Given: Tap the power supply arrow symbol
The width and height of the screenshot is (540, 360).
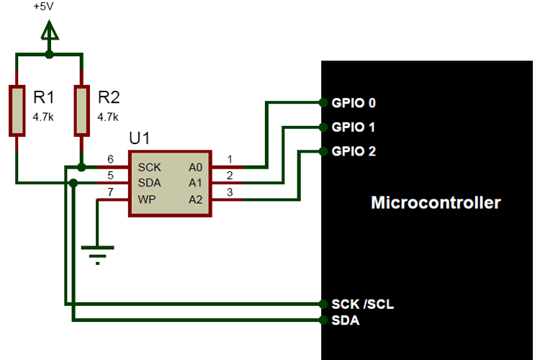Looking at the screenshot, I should click(49, 32).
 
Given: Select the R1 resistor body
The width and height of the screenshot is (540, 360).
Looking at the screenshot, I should click(17, 110).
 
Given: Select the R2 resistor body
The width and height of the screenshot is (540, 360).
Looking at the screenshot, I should click(82, 110).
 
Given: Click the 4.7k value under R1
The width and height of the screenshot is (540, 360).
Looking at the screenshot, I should click(43, 116).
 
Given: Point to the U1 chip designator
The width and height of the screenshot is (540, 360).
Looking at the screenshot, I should click(140, 138).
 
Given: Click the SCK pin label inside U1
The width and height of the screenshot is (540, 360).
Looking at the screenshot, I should click(149, 166).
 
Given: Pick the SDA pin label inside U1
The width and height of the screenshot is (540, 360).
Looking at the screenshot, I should click(149, 183).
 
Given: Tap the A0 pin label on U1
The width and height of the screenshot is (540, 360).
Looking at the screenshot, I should click(196, 166).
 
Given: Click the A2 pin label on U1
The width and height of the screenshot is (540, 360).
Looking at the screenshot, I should click(196, 199).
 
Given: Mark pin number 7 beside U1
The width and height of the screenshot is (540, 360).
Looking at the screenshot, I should click(110, 192).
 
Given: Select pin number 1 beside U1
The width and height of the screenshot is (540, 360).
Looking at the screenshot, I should click(229, 159).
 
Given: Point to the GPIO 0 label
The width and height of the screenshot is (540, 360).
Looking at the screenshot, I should click(354, 103).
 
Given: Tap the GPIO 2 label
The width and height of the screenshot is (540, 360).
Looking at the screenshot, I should click(354, 152).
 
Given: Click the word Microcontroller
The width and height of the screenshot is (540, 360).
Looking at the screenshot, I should click(436, 202).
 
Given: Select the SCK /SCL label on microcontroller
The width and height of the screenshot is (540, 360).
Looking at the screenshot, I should click(362, 305).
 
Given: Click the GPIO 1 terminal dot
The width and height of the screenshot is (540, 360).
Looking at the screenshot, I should click(322, 127).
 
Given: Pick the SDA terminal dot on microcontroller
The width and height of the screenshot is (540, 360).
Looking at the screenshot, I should click(322, 320).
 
